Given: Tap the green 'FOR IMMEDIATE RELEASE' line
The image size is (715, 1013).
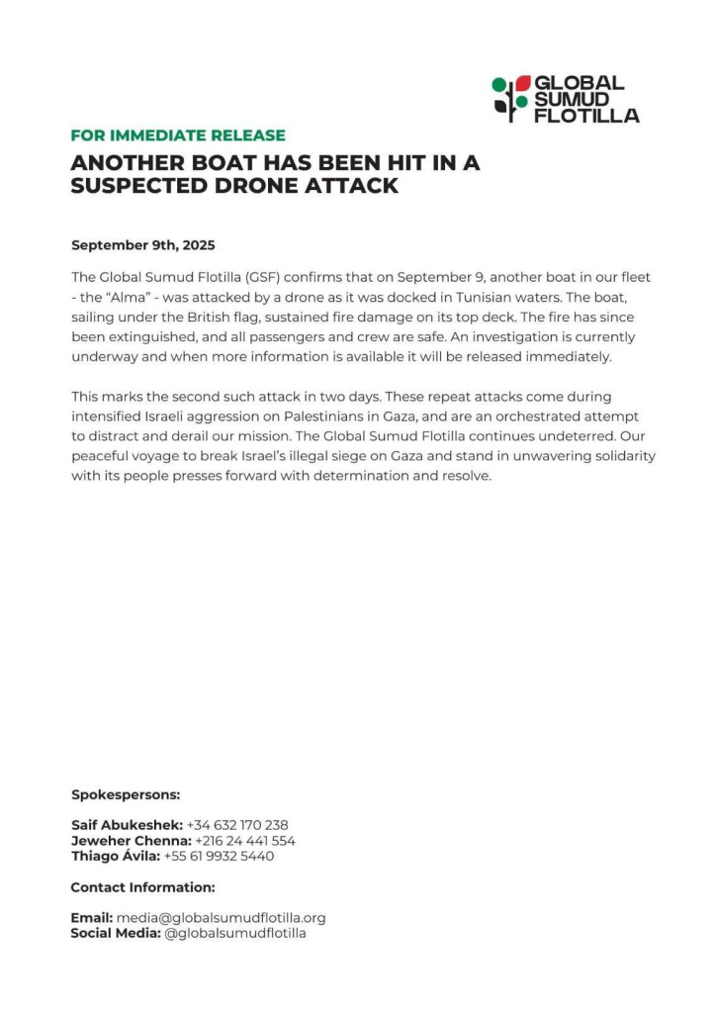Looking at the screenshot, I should click(178, 136).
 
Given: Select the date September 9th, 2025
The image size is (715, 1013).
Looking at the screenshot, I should click(142, 245).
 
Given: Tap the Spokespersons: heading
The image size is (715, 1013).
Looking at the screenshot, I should click(125, 794).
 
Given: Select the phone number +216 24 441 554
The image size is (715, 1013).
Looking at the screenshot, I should click(245, 841).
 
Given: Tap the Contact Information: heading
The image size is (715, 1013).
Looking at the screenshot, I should click(142, 887).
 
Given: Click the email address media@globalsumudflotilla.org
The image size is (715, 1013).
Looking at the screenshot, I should click(222, 918).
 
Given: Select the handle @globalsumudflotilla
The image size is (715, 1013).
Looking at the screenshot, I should click(235, 934).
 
